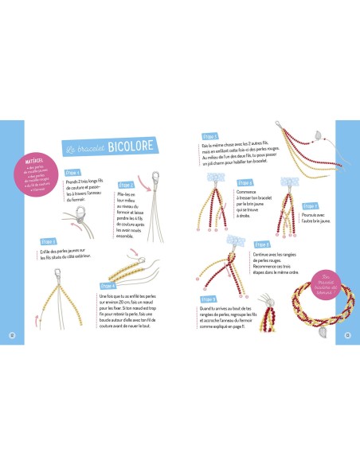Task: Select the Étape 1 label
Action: coord(72,171)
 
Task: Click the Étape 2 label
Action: coord(126,185)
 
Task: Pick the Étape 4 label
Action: coord(109,284)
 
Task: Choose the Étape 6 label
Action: coord(245,182)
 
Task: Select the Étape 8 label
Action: coord(261,244)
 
